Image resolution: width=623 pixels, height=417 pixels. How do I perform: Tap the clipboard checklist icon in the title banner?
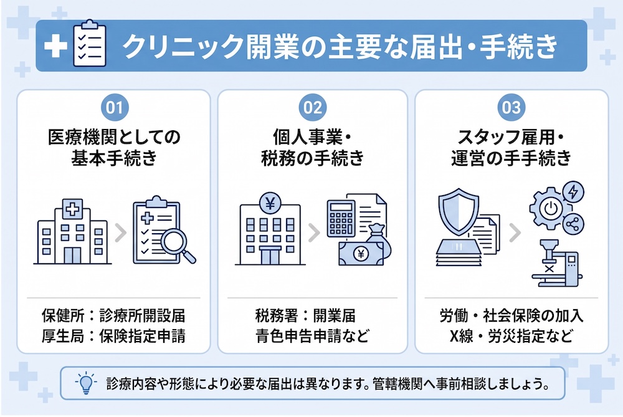90,44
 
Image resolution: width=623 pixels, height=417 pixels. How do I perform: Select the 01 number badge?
115,107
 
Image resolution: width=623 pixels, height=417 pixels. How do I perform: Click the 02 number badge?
313,107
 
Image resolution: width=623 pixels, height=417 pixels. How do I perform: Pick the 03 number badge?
511,107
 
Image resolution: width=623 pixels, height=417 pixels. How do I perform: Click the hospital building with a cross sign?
72,232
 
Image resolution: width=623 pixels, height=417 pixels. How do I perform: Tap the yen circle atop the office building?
270,204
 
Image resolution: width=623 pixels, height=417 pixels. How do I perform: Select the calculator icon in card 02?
341,218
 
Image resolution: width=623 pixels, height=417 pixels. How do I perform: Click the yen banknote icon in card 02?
361,254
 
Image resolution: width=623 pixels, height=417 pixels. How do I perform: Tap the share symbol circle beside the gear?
573,224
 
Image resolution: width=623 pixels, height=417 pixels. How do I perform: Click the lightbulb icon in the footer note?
86,383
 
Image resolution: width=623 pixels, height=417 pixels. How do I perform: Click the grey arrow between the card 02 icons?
314,233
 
